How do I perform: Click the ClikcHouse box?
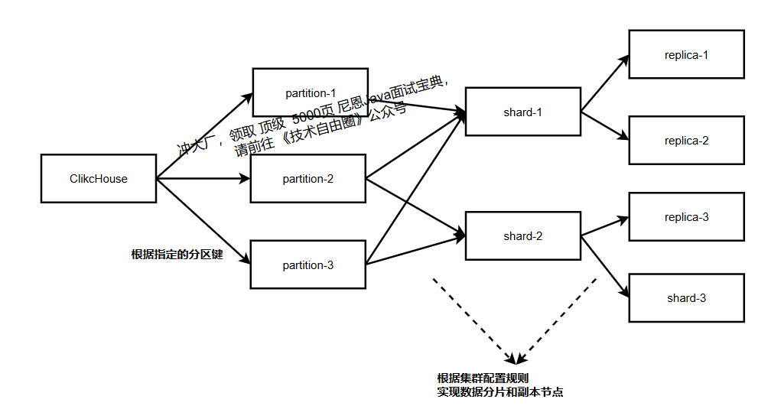99,179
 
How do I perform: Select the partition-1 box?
310,93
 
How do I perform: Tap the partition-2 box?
308,179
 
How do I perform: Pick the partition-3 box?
308,265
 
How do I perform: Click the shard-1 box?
522,112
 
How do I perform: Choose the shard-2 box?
522,236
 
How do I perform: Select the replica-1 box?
686,54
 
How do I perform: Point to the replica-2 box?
686,141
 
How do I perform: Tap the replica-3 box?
686,217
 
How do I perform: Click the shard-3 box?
686,298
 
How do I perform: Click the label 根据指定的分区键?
177,254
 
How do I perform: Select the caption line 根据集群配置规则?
483,378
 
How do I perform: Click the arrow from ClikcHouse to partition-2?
203,180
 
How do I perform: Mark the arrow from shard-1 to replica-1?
604,83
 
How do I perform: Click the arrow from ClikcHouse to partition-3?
203,222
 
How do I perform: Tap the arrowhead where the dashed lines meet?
518,359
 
